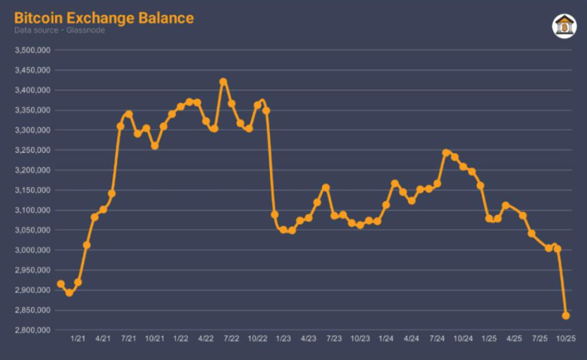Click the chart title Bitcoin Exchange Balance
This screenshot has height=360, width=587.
[104, 18]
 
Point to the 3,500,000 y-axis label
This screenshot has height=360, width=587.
[31, 51]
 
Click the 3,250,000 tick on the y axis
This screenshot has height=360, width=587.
[31, 150]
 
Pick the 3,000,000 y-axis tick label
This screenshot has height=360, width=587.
[31, 250]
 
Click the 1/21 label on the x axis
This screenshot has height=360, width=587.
[78, 340]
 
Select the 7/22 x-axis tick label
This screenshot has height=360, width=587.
[231, 340]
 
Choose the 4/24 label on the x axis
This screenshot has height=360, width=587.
[412, 340]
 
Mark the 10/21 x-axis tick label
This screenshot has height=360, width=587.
[154, 340]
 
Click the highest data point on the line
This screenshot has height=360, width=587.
[223, 82]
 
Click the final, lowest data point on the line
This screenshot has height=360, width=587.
[566, 316]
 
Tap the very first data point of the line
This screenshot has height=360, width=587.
[61, 284]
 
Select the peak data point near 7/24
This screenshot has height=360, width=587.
[446, 153]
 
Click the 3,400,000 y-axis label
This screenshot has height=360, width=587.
[31, 90]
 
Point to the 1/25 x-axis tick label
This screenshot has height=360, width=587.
[488, 340]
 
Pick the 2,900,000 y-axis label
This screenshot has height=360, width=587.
[31, 290]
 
